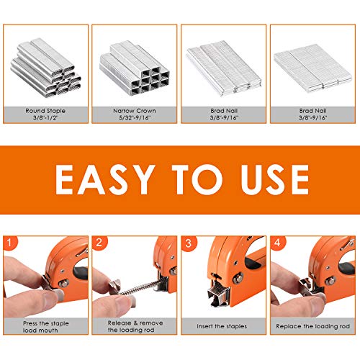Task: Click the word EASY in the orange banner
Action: pyautogui.click(x=105, y=179)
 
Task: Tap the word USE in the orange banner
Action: pyautogui.click(x=275, y=179)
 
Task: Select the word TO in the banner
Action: pyautogui.click(x=197, y=179)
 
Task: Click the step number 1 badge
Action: pyautogui.click(x=9, y=243)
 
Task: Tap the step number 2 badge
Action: pyautogui.click(x=99, y=243)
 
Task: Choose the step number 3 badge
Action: pyautogui.click(x=189, y=243)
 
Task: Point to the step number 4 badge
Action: pyautogui.click(x=277, y=243)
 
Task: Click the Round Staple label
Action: pyautogui.click(x=45, y=111)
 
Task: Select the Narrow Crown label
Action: pyautogui.click(x=135, y=111)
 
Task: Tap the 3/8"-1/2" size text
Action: pyautogui.click(x=45, y=118)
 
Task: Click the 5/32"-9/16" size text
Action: pyautogui.click(x=135, y=117)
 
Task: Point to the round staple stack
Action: pyautogui.click(x=45, y=68)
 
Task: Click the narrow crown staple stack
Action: pyautogui.click(x=135, y=68)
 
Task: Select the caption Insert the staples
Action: pyautogui.click(x=222, y=326)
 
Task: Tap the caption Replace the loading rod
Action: pyautogui.click(x=312, y=326)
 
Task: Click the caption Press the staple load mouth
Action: pyautogui.click(x=45, y=327)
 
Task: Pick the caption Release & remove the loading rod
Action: pyautogui.click(x=135, y=326)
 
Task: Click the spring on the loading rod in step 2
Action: pyautogui.click(x=140, y=287)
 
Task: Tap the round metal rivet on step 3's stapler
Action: pyautogui.click(x=238, y=278)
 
